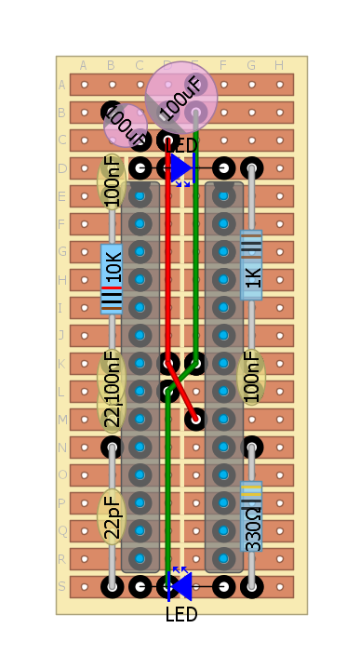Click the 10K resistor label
[x=112, y=268]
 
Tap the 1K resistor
[x=251, y=276]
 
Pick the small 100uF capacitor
[x=125, y=126]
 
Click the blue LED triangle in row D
[x=180, y=168]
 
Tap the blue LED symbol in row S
[x=180, y=586]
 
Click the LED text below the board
[x=181, y=615]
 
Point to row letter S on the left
[x=62, y=586]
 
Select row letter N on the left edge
[x=62, y=448]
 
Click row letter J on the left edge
[x=62, y=336]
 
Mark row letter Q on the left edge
[x=62, y=531]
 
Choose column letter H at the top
[x=279, y=65]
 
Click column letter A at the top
[x=84, y=65]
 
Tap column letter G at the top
[x=251, y=65]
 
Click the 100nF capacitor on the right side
[x=251, y=377]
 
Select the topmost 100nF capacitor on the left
[x=112, y=182]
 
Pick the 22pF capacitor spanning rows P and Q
[x=112, y=516]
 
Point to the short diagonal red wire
[x=182, y=391]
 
